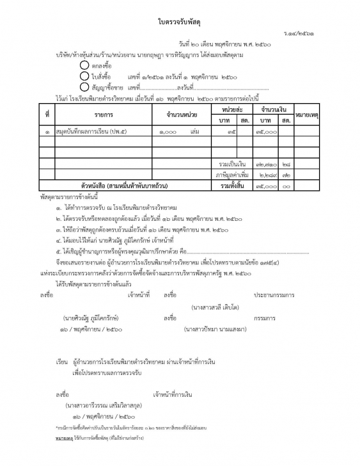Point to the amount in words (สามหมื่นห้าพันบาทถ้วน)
pyautogui.click(x=127, y=186)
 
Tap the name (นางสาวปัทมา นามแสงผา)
pyautogui.click(x=215, y=329)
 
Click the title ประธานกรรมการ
pyautogui.click(x=274, y=295)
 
